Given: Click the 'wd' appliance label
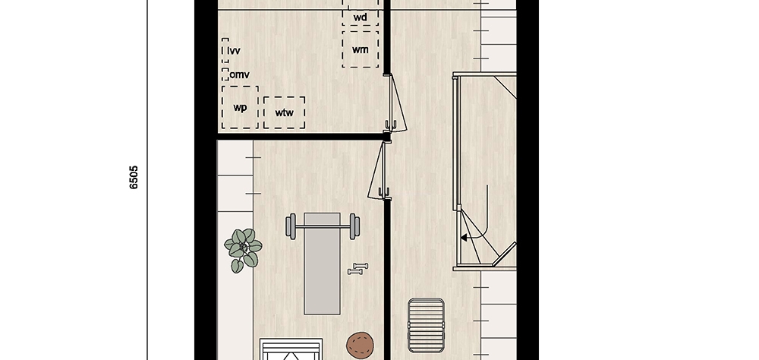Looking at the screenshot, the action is coord(360,18).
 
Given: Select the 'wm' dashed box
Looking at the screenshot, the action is coord(360,49).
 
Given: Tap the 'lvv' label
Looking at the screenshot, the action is coord(234,50).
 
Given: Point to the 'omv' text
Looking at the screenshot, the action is coord(240,74).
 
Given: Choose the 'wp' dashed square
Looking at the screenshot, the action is coord(240,107).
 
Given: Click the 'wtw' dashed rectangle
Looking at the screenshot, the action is coord(284,112).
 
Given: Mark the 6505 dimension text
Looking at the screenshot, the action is coord(134,177).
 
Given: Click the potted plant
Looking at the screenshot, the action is coord(243,250).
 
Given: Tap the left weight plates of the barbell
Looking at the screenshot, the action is coord(291,226).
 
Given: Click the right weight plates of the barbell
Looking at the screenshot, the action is coord(354,226).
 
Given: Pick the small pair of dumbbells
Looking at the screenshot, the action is coord(358,269).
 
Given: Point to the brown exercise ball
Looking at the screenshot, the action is coord(361,346).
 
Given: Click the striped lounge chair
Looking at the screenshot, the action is coord(426,326).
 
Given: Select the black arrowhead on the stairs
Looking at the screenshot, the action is coord(464,238).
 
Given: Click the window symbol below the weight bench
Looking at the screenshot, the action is coord(291,349).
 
